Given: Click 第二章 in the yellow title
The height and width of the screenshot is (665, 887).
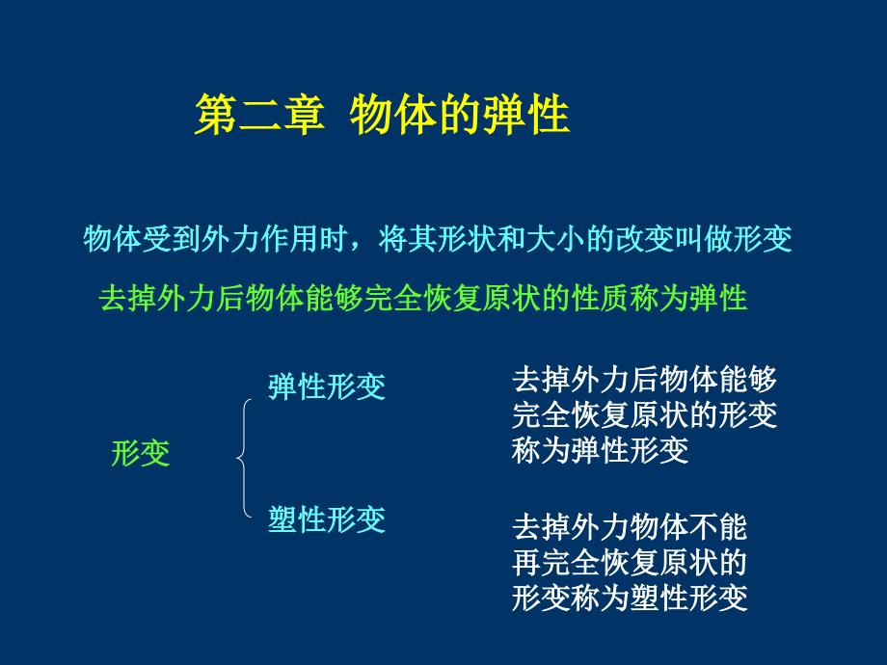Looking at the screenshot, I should pyautogui.click(x=256, y=115).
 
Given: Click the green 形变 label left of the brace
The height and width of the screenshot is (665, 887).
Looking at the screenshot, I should pyautogui.click(x=141, y=453).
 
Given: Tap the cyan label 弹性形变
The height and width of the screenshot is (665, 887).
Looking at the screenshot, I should pyautogui.click(x=327, y=386).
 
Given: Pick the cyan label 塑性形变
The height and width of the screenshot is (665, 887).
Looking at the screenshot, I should pyautogui.click(x=327, y=519).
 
